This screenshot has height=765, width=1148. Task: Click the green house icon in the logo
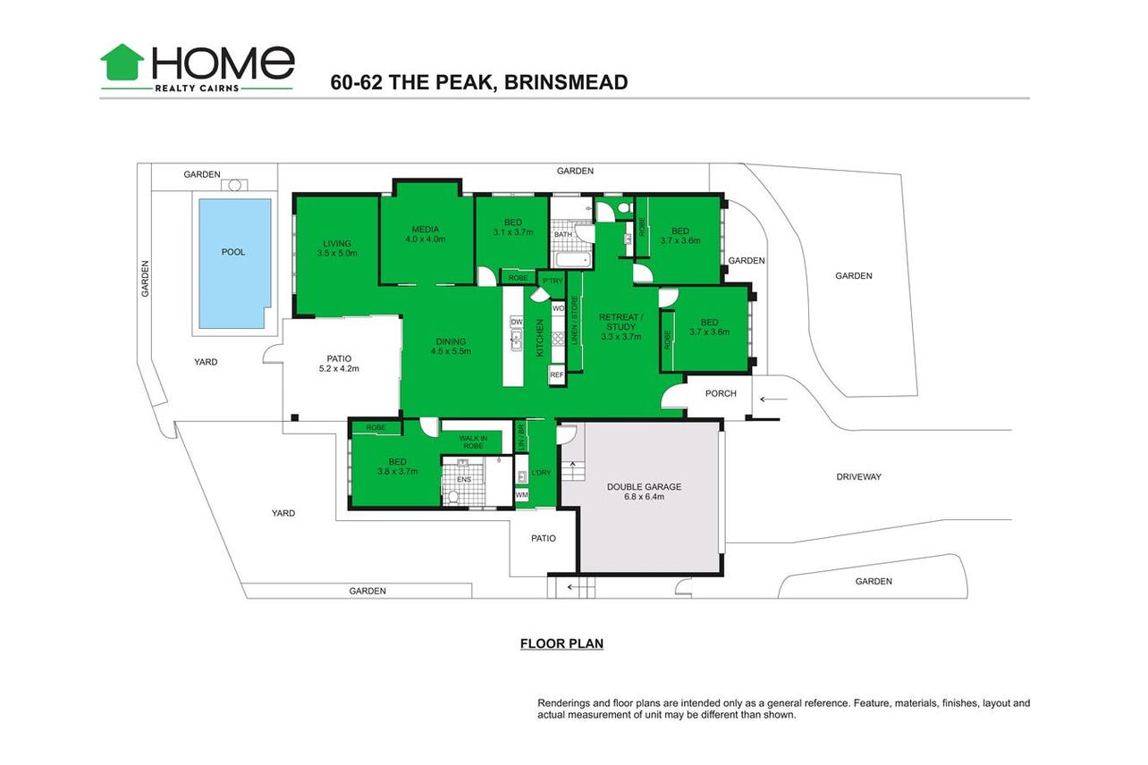tap(122, 62)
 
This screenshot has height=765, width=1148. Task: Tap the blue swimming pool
tap(234, 264)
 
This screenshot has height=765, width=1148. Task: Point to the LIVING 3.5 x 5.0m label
tap(337, 248)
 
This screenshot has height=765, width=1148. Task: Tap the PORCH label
tap(721, 393)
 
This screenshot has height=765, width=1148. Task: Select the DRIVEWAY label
tap(858, 476)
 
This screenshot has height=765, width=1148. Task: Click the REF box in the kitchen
tap(557, 374)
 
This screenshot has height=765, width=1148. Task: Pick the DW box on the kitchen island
tap(517, 322)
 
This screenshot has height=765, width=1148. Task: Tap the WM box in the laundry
tap(522, 495)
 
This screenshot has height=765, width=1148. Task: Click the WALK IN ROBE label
tap(473, 442)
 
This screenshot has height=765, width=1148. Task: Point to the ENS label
tap(464, 480)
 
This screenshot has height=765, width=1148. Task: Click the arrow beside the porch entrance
tap(773, 399)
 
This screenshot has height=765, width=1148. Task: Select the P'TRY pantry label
tap(553, 281)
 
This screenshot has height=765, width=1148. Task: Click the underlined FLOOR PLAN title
tap(561, 644)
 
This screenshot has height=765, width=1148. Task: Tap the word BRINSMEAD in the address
tap(566, 82)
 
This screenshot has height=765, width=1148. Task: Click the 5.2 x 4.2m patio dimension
tap(339, 368)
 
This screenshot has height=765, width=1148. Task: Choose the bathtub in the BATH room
tap(574, 259)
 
